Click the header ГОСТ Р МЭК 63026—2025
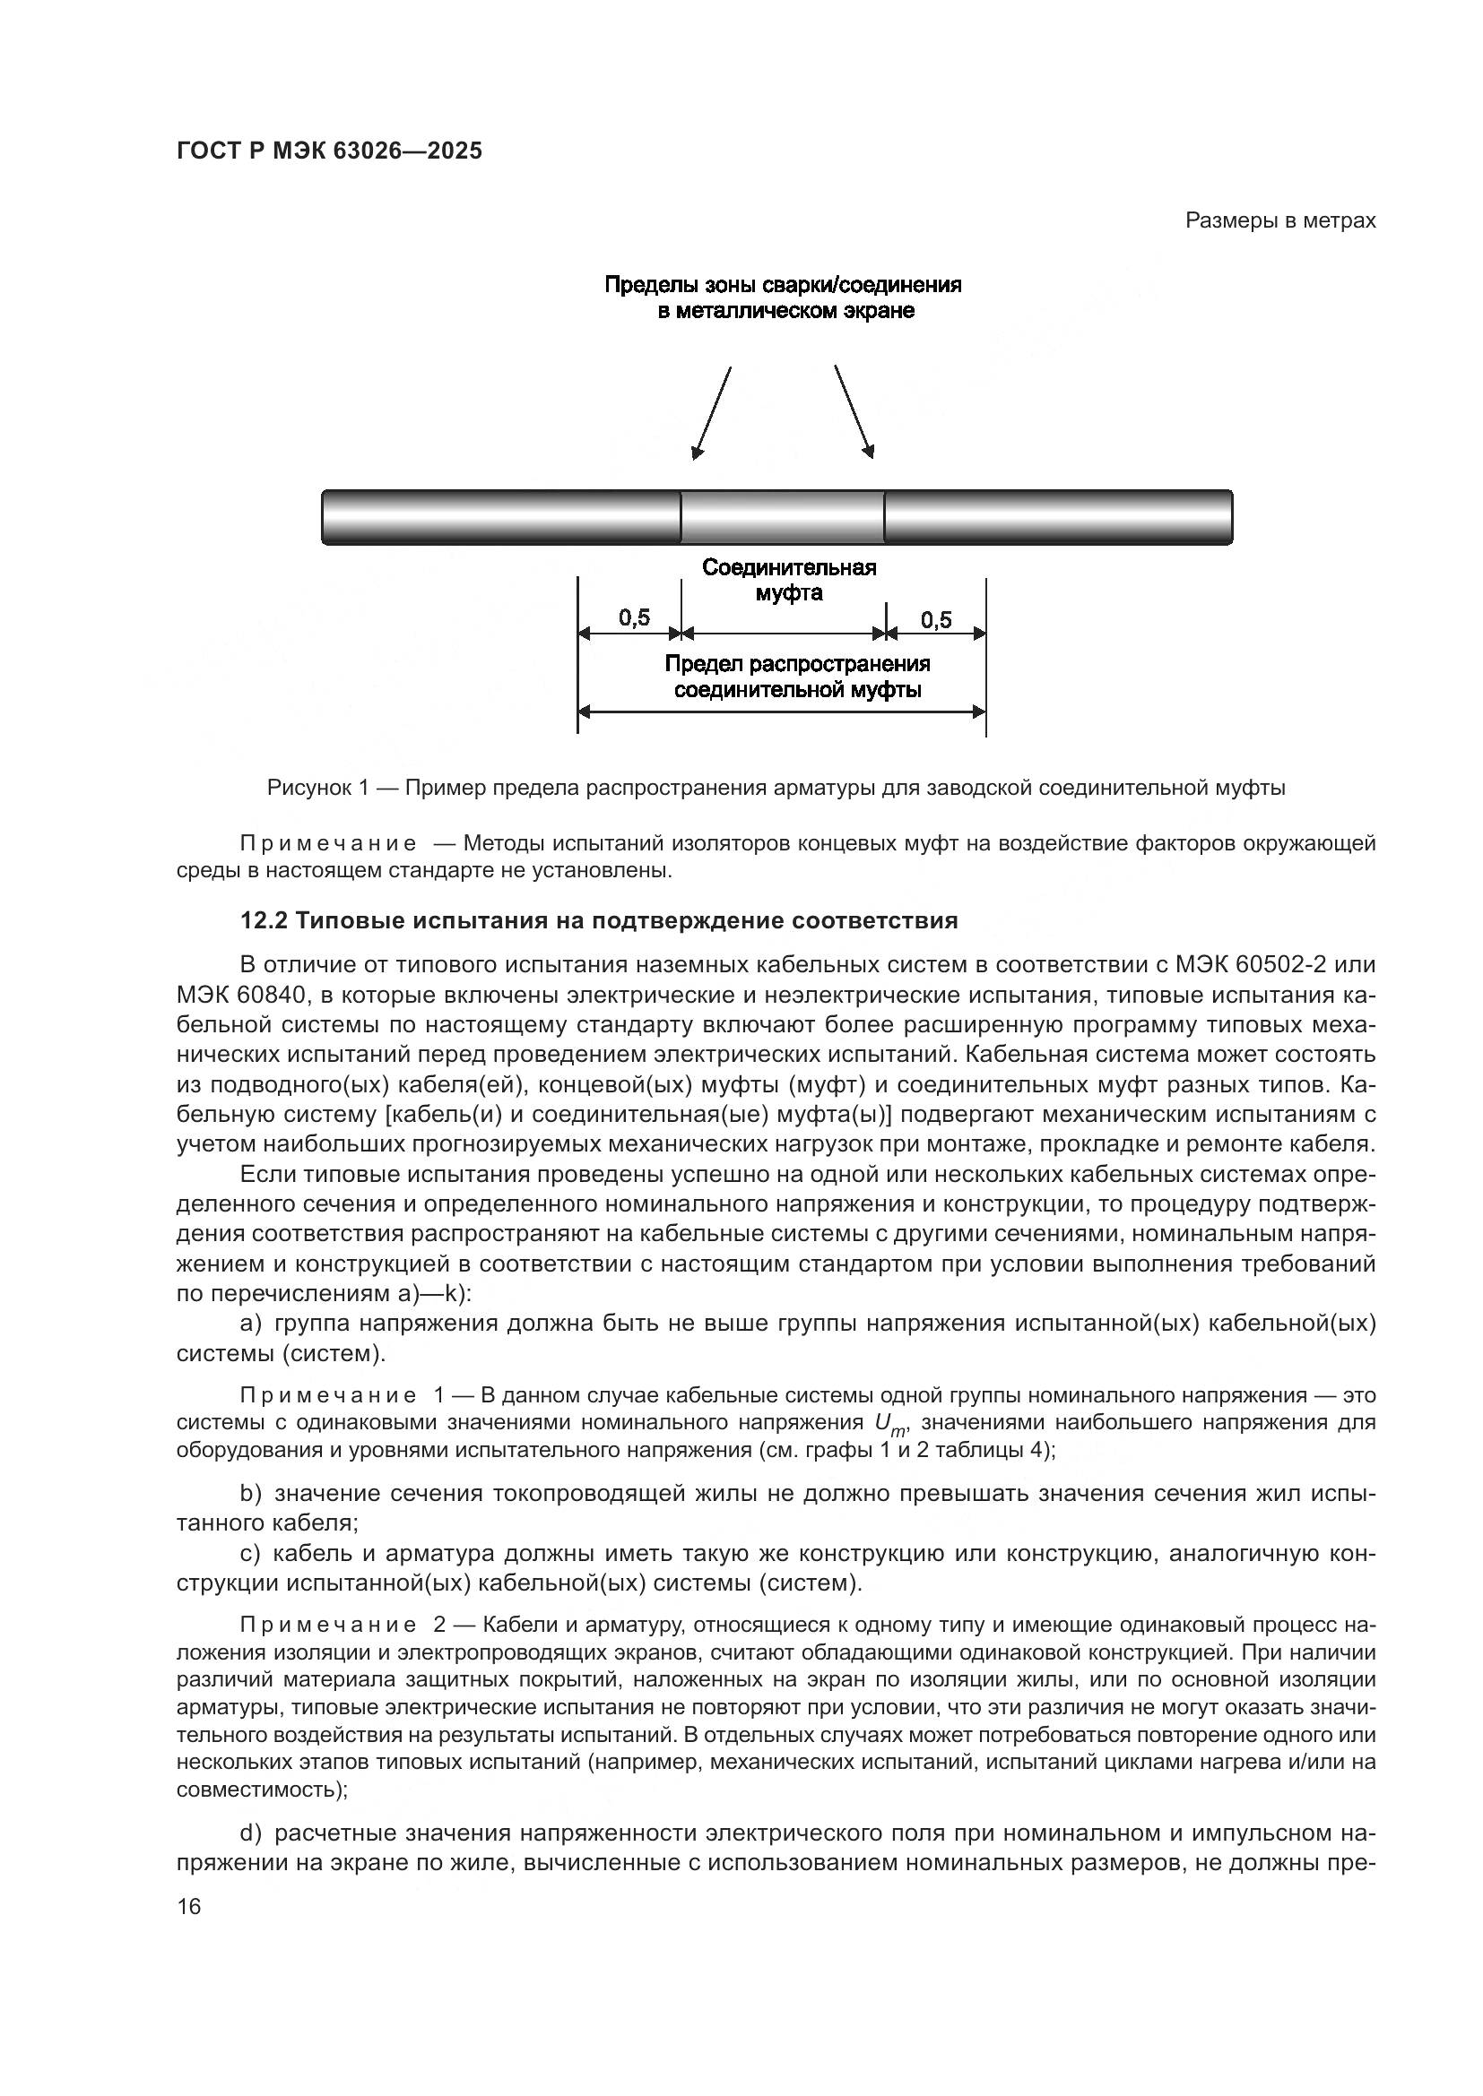(329, 151)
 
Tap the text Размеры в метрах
(1279, 221)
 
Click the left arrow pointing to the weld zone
(712, 411)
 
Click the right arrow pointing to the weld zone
(854, 411)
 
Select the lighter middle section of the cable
(783, 517)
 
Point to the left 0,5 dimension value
(634, 619)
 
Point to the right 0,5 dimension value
(936, 621)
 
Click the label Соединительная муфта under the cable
(789, 581)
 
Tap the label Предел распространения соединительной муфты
(797, 677)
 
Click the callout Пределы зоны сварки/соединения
(783, 286)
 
